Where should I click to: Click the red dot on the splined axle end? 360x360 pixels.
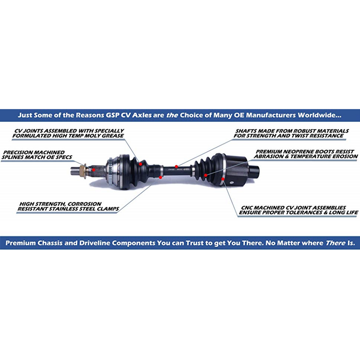coord(95,168)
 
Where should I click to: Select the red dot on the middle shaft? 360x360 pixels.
coord(176,166)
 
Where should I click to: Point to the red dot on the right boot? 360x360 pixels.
coord(206,175)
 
